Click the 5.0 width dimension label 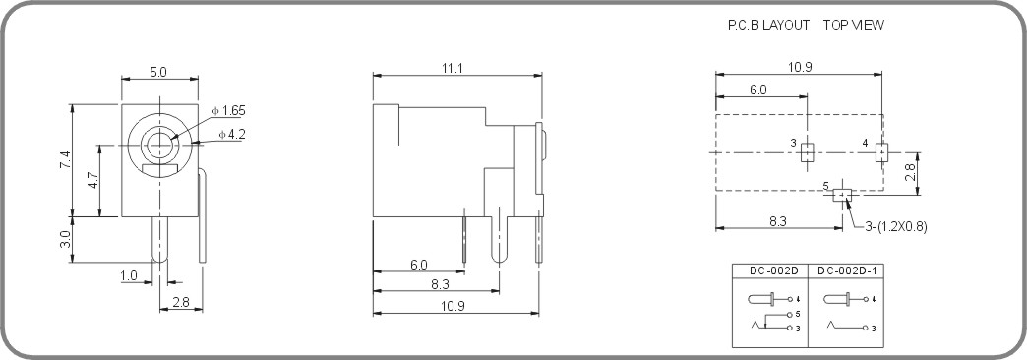(x=157, y=72)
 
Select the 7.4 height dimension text (x=64, y=160)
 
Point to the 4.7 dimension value (x=91, y=180)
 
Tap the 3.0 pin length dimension (x=64, y=238)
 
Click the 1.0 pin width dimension (x=129, y=276)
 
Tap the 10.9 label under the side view (x=453, y=306)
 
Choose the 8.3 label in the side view (x=440, y=284)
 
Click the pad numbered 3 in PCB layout (x=807, y=152)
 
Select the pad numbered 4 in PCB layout (x=880, y=152)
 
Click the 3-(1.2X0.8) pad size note (x=896, y=226)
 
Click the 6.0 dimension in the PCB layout (x=757, y=90)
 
